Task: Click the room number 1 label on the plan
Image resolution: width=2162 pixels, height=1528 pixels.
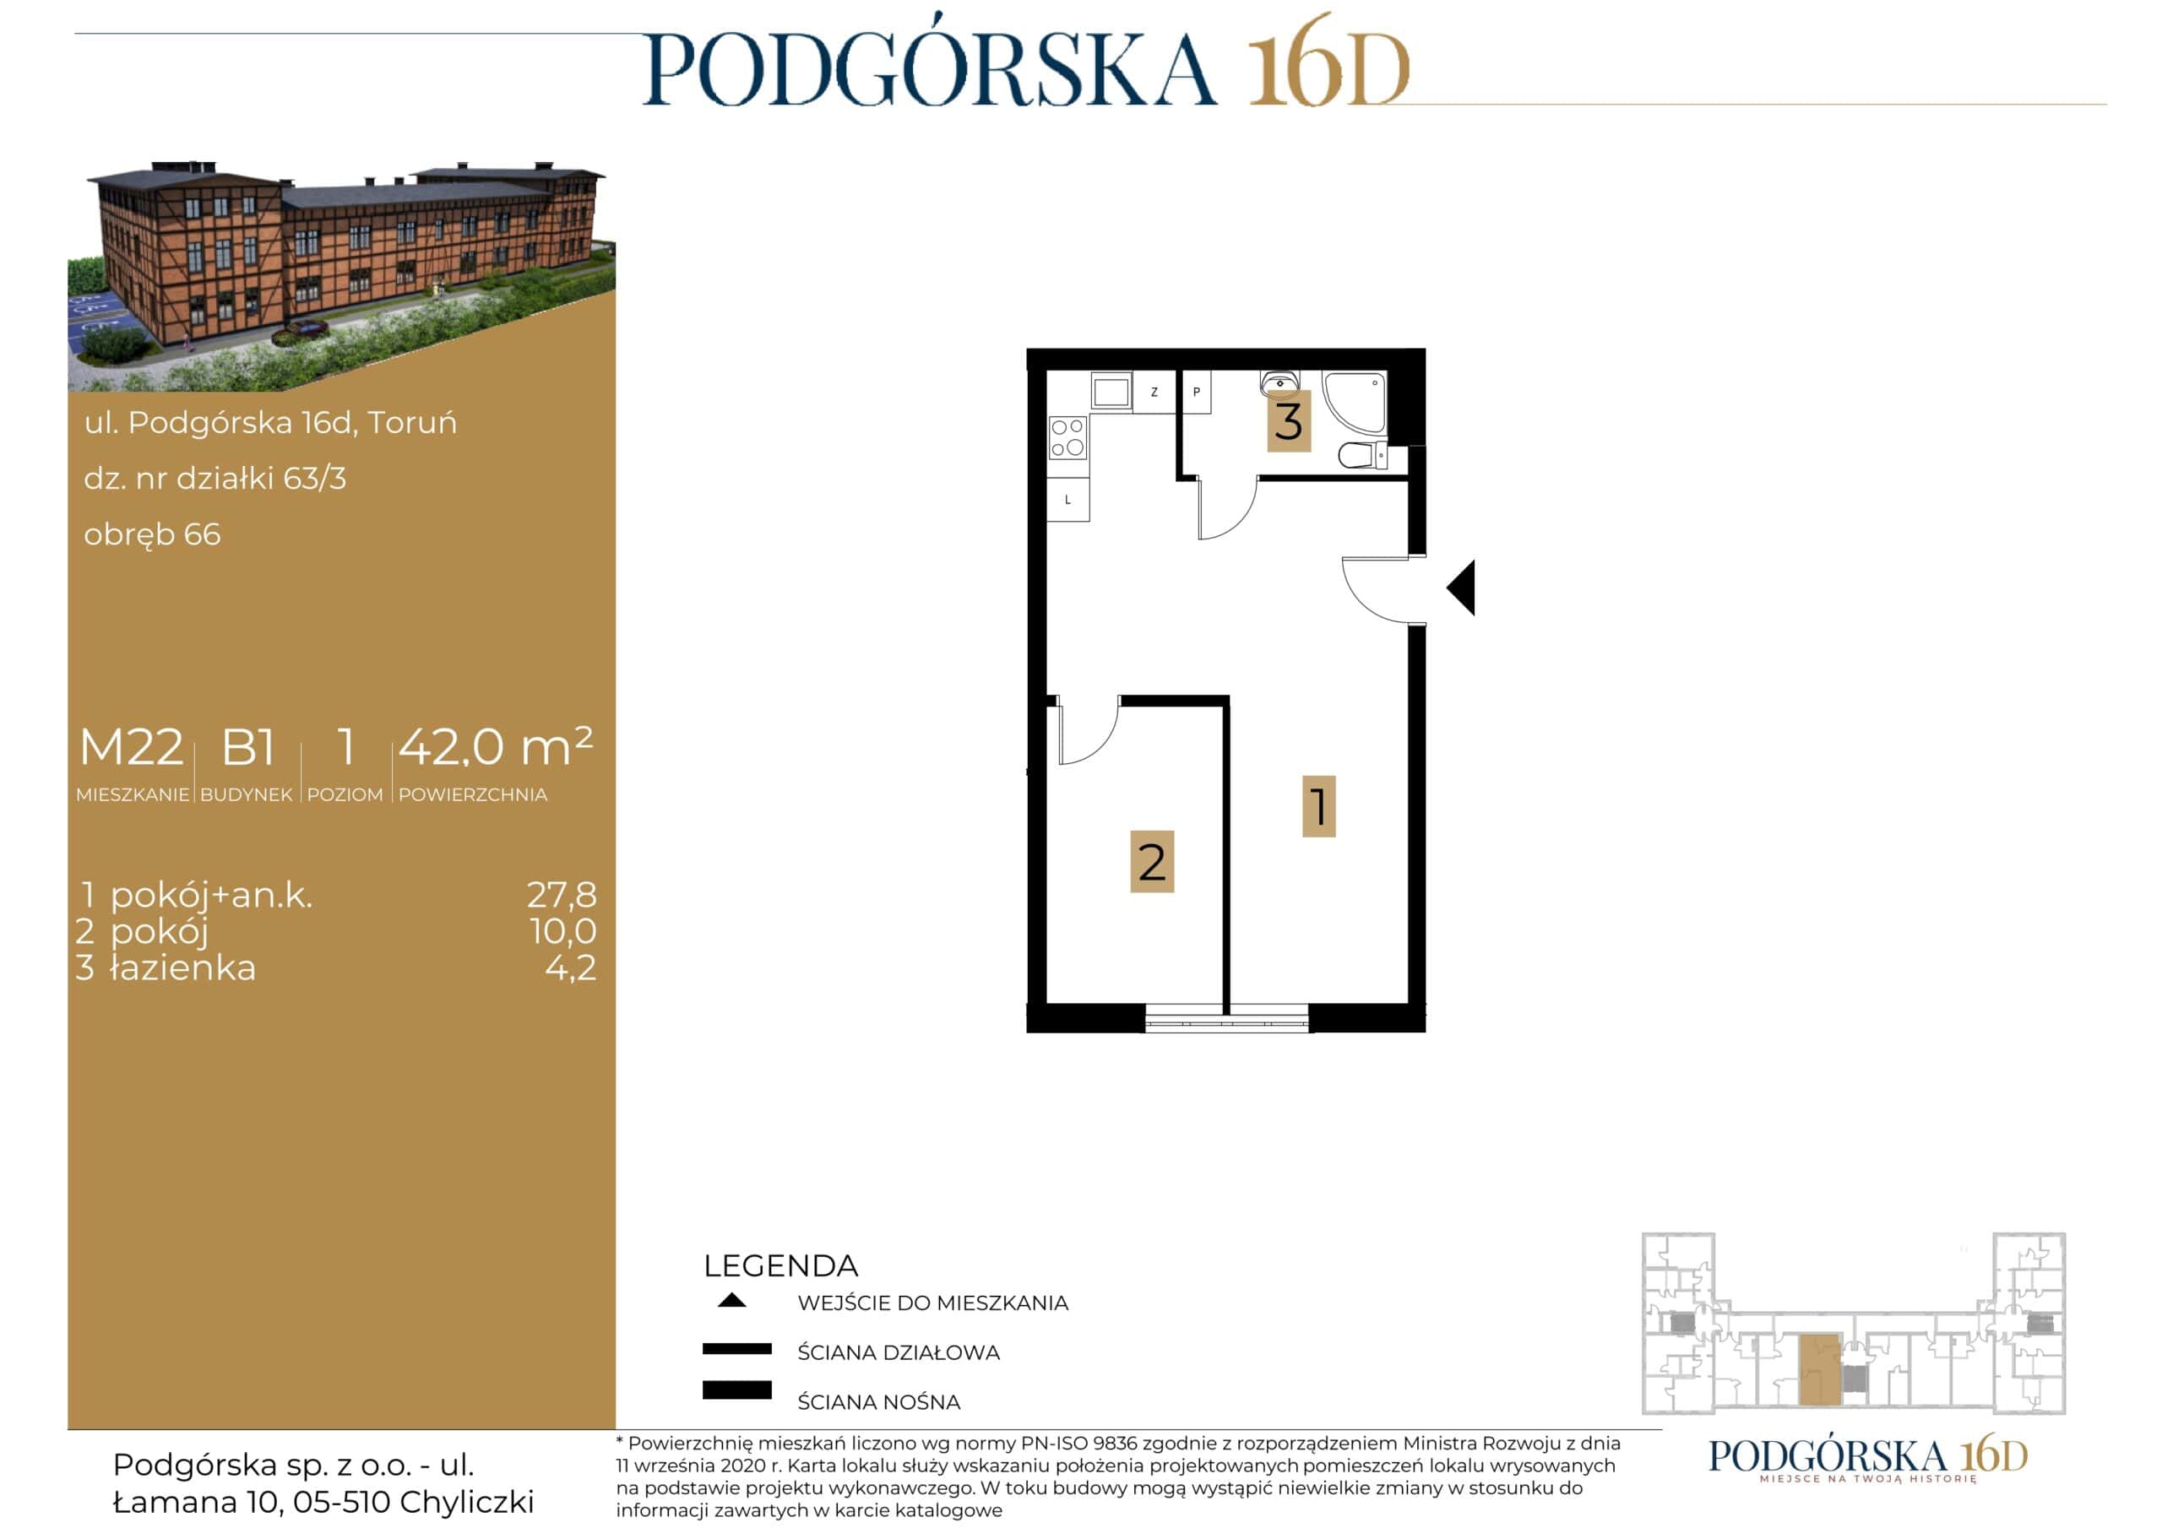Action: [x=1318, y=806]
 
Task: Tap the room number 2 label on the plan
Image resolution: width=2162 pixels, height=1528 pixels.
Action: [x=1152, y=860]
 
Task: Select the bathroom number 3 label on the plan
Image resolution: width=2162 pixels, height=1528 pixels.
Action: [x=1288, y=421]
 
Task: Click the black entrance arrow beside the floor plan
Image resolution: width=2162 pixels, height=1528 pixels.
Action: [x=1460, y=588]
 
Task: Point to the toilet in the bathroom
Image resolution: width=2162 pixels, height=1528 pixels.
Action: [x=1361, y=455]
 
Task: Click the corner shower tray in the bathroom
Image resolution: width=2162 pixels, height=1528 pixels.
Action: [x=1354, y=401]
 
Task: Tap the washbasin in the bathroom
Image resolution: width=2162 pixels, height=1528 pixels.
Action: [x=1279, y=383]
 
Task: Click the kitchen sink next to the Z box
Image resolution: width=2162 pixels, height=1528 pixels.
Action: [x=1111, y=391]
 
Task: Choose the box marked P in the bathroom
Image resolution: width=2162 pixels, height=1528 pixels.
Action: [x=1196, y=392]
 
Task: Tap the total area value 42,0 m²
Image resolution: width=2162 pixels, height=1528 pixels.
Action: [x=495, y=746]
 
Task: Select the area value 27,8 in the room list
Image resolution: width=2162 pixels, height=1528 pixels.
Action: [x=562, y=893]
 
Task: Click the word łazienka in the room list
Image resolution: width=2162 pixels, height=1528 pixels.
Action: [x=182, y=967]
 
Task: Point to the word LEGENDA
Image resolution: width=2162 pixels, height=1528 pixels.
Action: [x=780, y=1265]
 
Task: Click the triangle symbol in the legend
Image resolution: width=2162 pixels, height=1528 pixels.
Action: [x=731, y=1300]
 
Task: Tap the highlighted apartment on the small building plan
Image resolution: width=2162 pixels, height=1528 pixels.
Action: [x=1819, y=1369]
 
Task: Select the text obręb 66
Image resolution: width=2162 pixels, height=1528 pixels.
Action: [x=153, y=534]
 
